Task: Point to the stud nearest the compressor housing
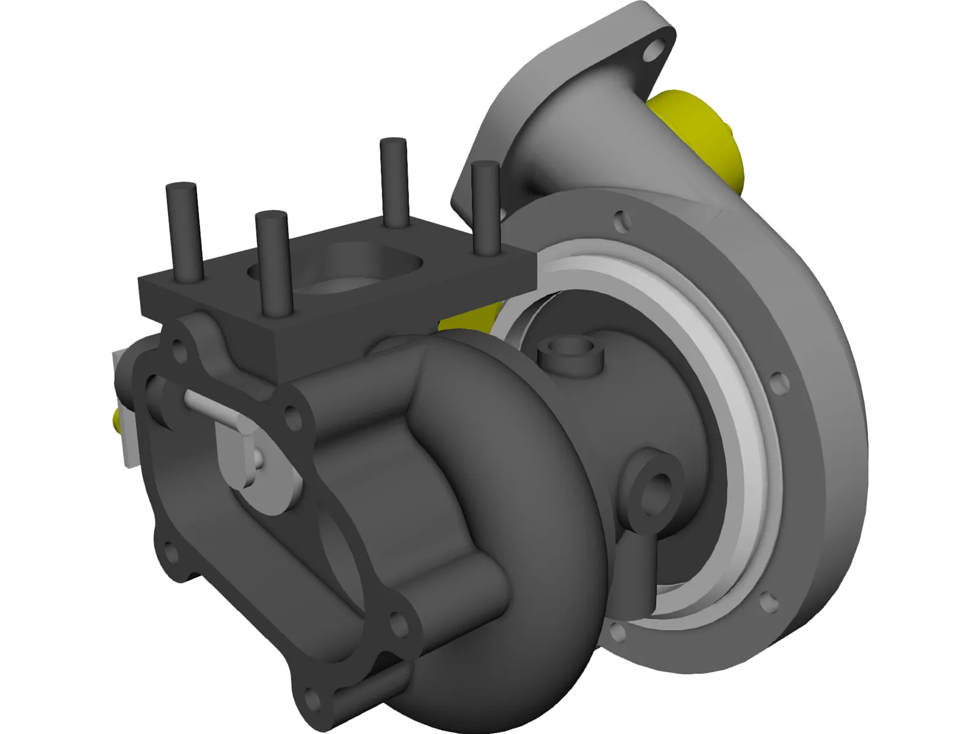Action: point(486,208)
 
